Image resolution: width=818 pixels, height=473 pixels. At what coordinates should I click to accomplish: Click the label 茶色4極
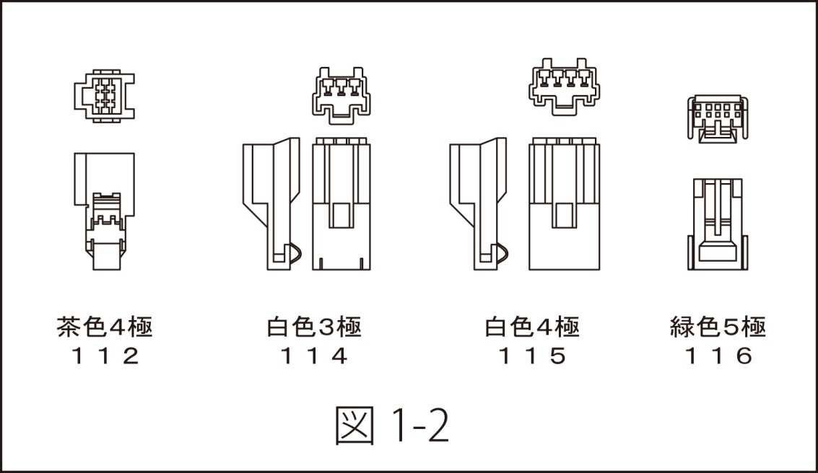[104, 328]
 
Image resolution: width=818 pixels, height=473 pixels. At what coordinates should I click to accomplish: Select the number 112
[104, 356]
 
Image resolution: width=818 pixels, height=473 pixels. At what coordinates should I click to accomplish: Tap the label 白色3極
[313, 328]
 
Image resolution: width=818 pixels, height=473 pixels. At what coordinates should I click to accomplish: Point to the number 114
[313, 356]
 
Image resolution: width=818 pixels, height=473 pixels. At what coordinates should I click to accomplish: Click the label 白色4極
[531, 328]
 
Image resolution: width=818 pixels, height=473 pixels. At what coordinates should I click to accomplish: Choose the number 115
[531, 356]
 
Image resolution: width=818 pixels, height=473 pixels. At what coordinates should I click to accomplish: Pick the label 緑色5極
[718, 328]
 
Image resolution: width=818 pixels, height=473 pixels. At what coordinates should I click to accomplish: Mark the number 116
[718, 356]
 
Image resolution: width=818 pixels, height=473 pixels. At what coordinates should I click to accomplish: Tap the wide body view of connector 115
[563, 204]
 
